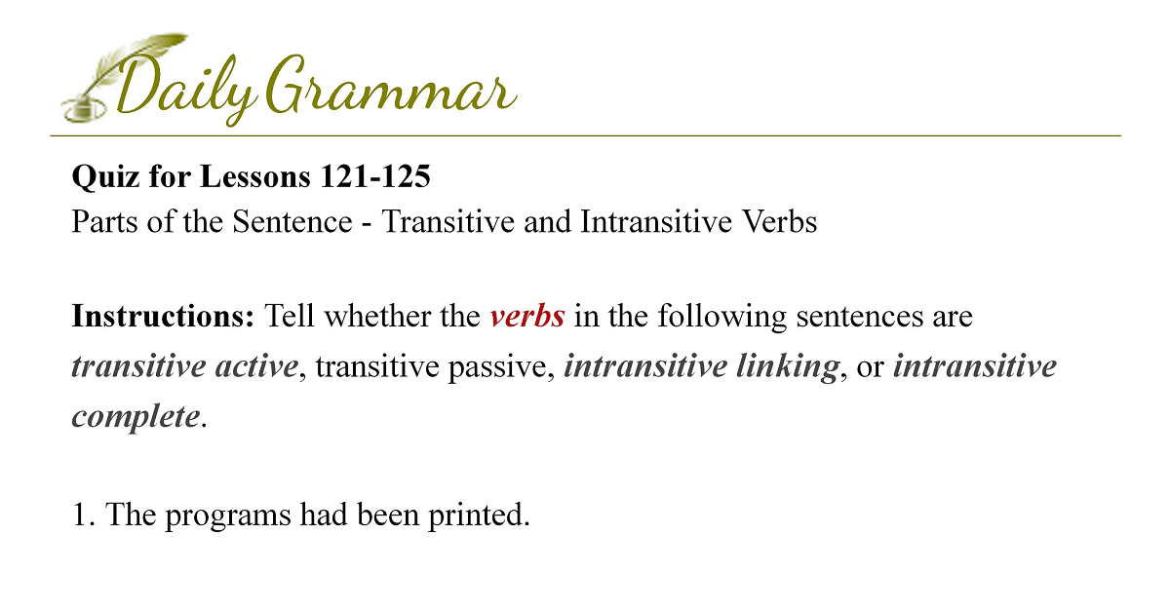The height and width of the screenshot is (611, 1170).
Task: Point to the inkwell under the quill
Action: (x=84, y=110)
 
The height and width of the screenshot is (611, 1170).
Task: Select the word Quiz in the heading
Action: (x=105, y=176)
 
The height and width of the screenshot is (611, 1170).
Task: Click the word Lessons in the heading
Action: (x=254, y=176)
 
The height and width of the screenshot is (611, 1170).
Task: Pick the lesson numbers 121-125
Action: (x=375, y=176)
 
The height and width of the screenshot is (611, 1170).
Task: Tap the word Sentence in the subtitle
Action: (x=292, y=221)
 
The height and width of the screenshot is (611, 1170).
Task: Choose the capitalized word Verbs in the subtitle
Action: (x=779, y=221)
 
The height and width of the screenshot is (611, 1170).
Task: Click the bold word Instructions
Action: (x=163, y=317)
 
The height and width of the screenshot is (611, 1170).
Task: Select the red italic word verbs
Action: (x=527, y=317)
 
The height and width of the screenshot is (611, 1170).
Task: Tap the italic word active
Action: (x=256, y=366)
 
